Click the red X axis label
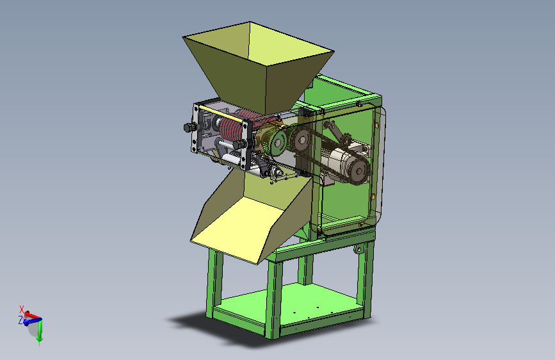tap(22, 309)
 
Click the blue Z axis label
tap(20, 320)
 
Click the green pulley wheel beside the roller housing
tap(277, 142)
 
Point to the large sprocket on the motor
tap(358, 171)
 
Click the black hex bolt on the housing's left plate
tap(190, 127)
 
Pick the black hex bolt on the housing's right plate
tap(240, 144)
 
